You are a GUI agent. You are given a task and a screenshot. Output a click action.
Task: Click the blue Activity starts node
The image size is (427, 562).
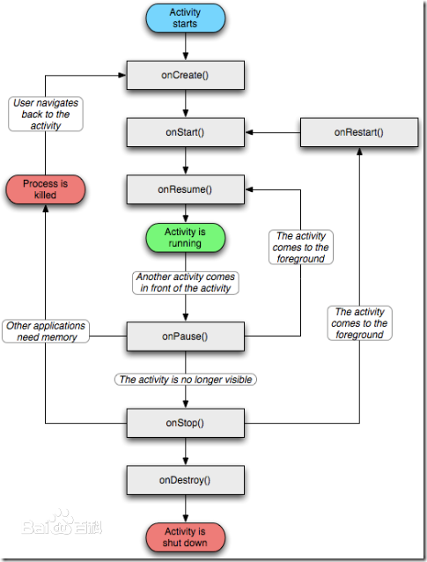click(x=185, y=18)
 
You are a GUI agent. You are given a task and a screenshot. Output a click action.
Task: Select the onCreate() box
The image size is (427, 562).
click(x=186, y=75)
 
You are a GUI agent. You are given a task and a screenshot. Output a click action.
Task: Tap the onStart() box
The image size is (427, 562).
click(x=186, y=132)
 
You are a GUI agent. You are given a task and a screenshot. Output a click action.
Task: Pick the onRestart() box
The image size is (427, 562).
click(x=359, y=132)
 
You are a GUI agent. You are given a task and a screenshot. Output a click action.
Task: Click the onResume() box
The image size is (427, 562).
click(x=186, y=189)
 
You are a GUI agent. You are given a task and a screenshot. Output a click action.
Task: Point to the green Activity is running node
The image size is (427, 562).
click(x=185, y=238)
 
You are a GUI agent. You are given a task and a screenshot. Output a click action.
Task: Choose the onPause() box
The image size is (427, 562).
click(x=186, y=336)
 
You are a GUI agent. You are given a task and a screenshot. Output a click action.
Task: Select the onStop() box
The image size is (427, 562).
click(x=186, y=423)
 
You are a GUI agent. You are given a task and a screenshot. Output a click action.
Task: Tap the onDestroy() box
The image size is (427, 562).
click(x=186, y=480)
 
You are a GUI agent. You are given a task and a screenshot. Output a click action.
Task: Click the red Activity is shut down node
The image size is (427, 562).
click(x=185, y=537)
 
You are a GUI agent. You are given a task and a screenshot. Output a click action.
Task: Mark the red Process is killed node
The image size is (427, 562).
click(x=46, y=189)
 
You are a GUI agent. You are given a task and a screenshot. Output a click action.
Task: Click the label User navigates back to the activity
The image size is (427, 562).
click(x=46, y=114)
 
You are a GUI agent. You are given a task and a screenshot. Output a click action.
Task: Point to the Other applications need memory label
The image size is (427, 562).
click(x=46, y=331)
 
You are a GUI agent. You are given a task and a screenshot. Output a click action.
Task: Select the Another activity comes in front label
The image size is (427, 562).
click(x=186, y=283)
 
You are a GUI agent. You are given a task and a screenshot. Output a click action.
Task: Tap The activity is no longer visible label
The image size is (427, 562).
click(x=186, y=379)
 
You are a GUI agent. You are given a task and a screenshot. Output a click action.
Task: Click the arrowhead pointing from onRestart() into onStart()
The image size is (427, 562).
click(x=249, y=132)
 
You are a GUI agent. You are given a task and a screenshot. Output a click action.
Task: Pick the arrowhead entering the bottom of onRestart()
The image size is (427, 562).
click(x=359, y=152)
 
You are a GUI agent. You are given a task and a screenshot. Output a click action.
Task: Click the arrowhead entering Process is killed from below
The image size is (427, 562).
click(x=46, y=209)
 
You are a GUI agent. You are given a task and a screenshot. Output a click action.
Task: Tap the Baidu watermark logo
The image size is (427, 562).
click(x=62, y=523)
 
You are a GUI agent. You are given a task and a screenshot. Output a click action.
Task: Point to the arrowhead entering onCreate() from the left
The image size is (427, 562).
click(x=122, y=75)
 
